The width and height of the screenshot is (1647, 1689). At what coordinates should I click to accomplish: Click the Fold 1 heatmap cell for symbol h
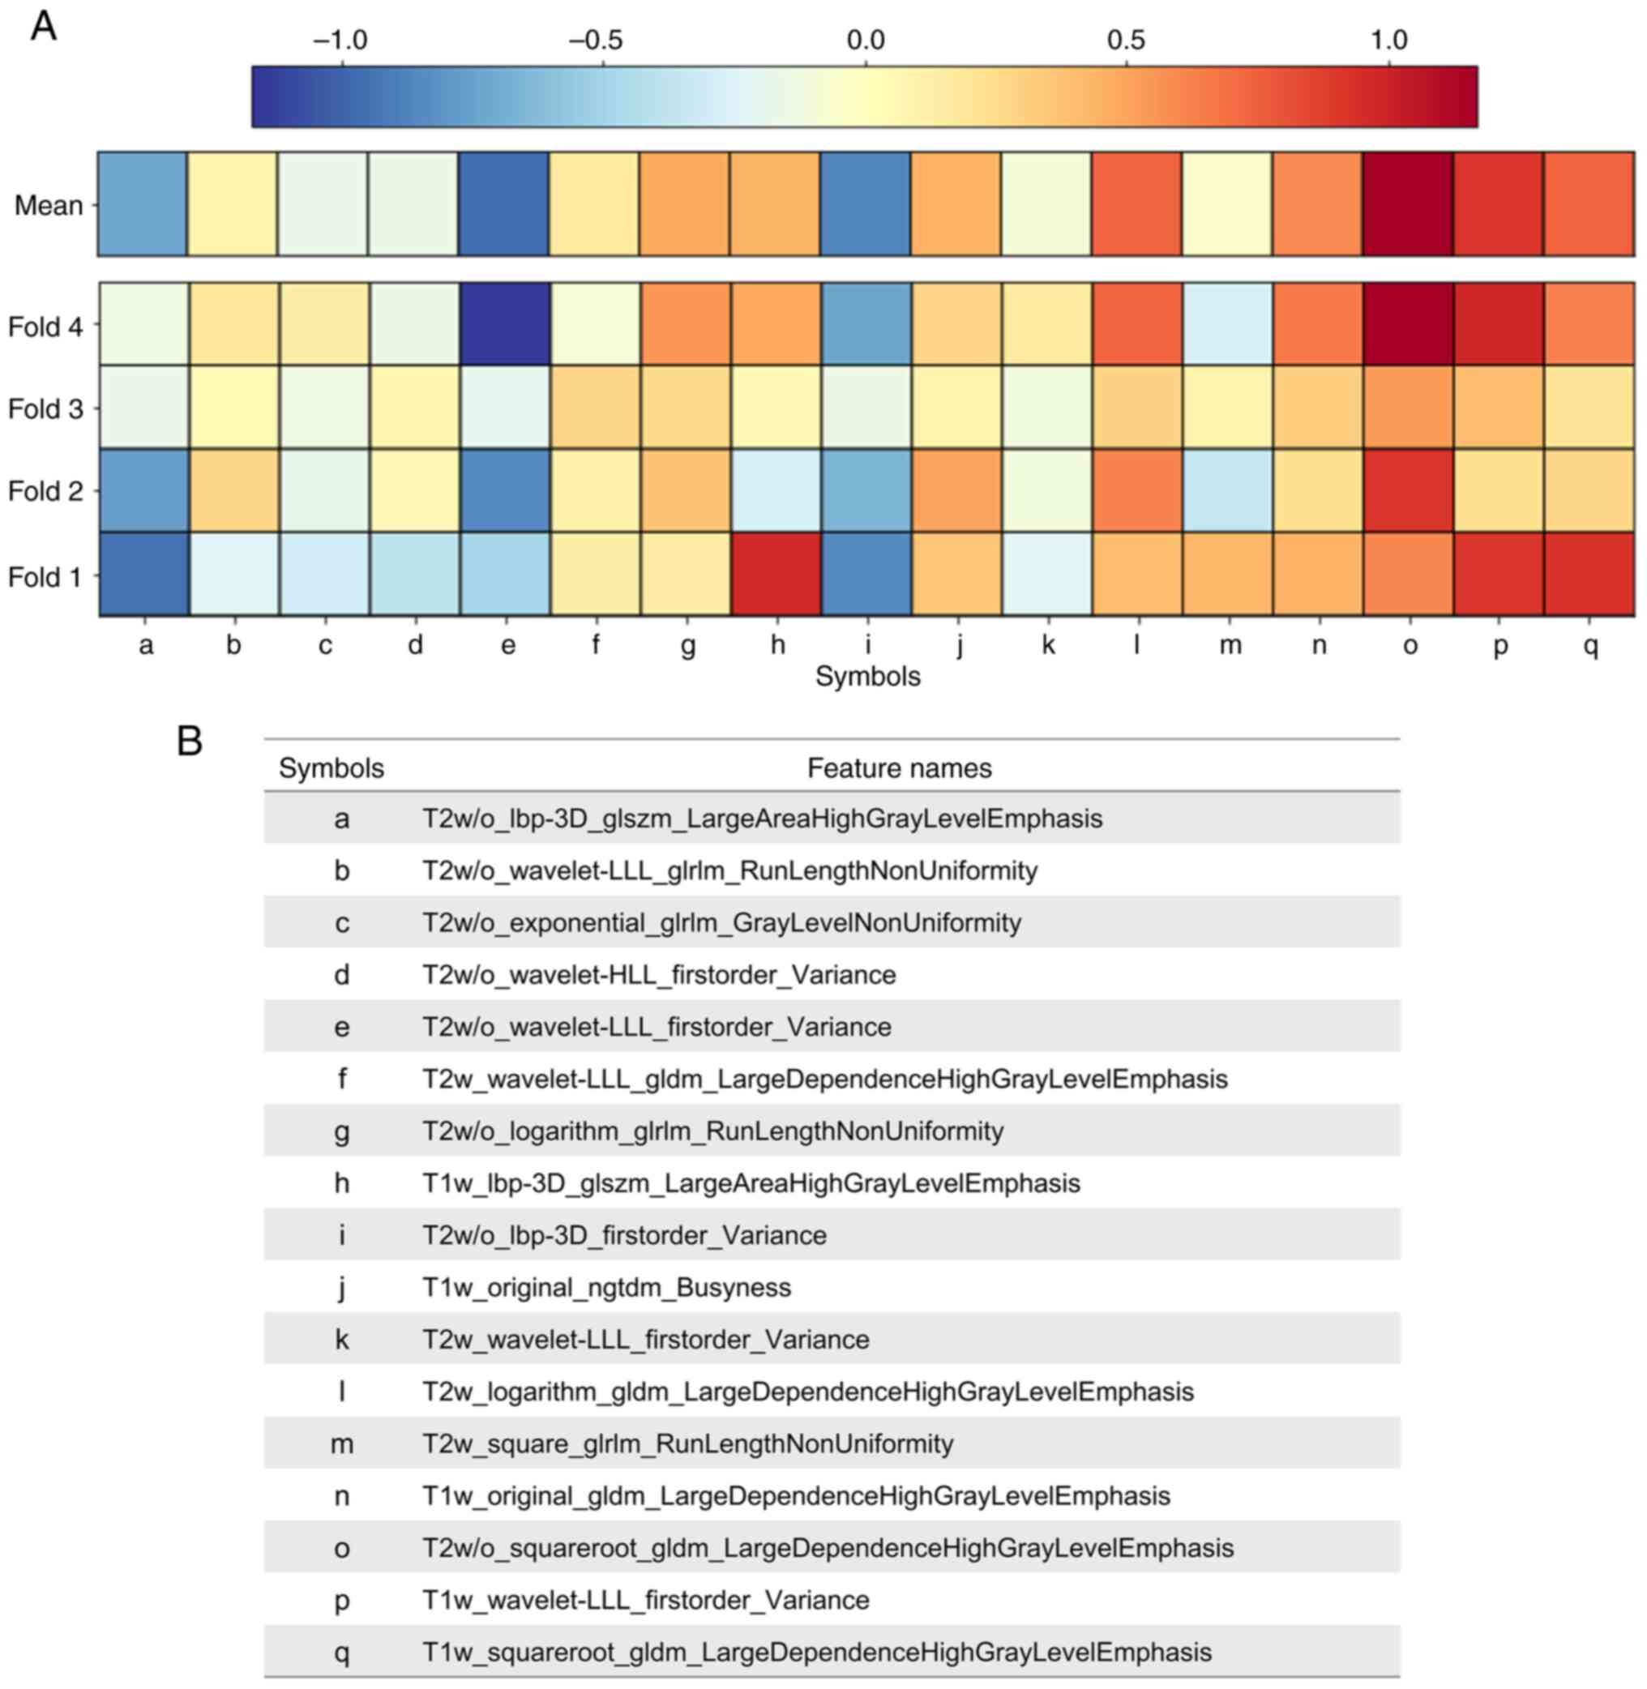coord(776,575)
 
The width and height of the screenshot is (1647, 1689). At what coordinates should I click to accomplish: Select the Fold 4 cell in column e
coord(505,324)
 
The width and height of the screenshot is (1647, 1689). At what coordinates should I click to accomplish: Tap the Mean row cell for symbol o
coord(1406,204)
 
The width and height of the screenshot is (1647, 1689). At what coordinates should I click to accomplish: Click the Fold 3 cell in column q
coord(1589,408)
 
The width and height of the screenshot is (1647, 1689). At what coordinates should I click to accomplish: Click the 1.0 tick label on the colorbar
coord(1388,40)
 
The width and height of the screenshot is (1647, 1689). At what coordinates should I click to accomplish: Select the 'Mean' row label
coord(49,206)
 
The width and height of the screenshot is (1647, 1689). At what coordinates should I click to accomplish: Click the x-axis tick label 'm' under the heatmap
coord(1230,645)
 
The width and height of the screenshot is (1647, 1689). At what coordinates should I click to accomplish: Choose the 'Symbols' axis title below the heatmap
coord(867,676)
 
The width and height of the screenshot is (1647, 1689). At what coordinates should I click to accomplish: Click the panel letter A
coord(43,26)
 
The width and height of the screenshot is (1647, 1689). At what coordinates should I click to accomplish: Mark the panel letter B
coord(190,741)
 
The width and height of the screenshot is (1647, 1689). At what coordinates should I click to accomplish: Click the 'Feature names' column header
coord(899,768)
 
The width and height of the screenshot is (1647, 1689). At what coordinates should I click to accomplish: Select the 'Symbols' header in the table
coord(332,768)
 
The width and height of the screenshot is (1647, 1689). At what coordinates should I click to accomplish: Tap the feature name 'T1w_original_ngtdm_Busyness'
coord(606,1288)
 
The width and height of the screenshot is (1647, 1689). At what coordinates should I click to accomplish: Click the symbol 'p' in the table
coord(342,1601)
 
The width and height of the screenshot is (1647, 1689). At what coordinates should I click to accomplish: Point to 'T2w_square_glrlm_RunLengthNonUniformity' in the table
coord(687,1444)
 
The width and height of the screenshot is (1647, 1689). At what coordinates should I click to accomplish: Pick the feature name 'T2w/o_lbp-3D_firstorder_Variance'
coord(623,1236)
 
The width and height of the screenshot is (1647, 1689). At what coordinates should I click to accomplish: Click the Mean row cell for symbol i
coord(865,204)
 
